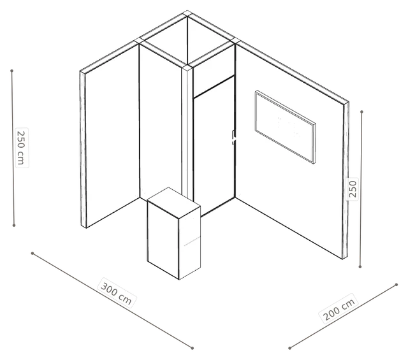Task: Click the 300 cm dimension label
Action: click(116, 293)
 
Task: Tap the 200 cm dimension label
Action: click(339, 309)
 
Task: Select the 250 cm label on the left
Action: click(22, 147)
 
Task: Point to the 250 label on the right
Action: click(352, 189)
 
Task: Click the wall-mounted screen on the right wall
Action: click(286, 127)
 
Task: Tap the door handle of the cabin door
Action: click(233, 138)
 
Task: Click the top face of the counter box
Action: click(173, 203)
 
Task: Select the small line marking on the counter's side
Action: click(192, 241)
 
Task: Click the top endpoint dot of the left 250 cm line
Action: click(11, 71)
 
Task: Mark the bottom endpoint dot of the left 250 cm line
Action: click(14, 225)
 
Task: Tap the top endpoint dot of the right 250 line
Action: click(361, 112)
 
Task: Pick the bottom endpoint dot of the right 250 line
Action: click(360, 266)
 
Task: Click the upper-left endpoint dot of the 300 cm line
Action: click(33, 253)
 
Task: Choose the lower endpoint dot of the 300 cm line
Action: click(193, 348)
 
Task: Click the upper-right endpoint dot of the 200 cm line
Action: click(397, 285)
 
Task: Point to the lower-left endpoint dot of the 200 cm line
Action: click(289, 348)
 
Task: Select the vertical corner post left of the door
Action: click(187, 133)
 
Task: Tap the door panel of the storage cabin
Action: click(214, 146)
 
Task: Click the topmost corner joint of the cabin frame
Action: click(187, 13)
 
